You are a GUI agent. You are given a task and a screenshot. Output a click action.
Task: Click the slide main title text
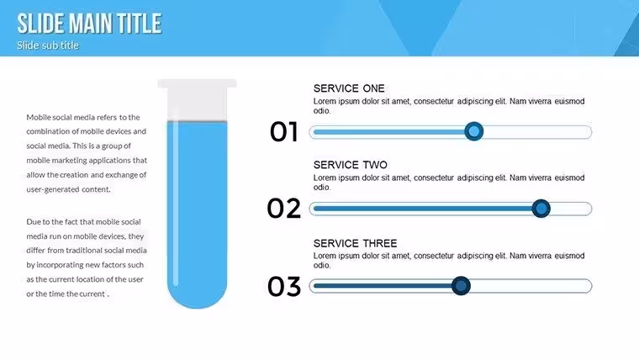point(89,24)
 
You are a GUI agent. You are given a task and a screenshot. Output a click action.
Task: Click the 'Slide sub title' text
point(48,45)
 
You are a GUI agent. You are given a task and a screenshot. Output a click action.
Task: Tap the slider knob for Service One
point(474,131)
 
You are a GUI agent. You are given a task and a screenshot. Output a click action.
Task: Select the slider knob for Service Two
point(541,209)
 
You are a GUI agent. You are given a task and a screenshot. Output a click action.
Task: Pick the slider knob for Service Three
point(461,285)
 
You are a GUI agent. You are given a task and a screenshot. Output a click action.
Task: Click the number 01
point(284,132)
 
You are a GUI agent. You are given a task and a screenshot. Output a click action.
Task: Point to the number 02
point(284,209)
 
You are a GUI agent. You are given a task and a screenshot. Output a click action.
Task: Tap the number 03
point(284,286)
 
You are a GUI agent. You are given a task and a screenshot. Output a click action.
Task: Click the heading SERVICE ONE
point(349,88)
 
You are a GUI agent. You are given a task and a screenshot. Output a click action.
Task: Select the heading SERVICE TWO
point(350,165)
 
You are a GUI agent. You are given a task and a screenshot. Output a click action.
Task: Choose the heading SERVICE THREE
point(355,243)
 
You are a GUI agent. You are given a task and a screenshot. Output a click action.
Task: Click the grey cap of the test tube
point(198,99)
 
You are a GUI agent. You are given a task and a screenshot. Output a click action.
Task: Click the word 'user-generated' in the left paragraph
point(53,189)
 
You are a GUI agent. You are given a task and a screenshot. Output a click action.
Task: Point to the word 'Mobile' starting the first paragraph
point(39,118)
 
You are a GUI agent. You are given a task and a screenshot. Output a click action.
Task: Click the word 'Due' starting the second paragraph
point(33,222)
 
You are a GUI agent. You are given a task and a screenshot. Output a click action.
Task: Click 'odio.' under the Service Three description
point(322,266)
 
